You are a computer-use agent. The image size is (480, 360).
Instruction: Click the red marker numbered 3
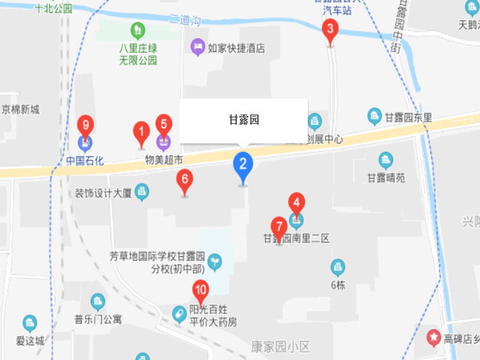tap(329, 31)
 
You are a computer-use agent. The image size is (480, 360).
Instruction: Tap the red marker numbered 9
tap(86, 126)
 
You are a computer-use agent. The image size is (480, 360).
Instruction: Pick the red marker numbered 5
tap(163, 125)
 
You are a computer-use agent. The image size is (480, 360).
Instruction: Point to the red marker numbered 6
tap(185, 180)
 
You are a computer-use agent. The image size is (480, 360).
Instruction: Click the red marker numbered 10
tap(200, 291)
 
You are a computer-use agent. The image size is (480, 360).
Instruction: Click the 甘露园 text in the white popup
tap(244, 121)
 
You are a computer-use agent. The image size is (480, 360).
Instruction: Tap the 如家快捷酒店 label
tap(236, 48)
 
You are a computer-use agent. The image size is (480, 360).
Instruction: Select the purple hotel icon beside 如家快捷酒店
tap(197, 48)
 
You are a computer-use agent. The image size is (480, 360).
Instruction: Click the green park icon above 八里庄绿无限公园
tap(138, 31)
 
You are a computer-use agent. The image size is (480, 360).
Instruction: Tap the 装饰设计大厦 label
tap(102, 193)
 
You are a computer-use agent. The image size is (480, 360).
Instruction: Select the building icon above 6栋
tap(338, 266)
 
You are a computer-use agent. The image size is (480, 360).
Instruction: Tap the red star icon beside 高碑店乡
tap(434, 338)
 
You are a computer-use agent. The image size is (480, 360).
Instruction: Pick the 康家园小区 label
tap(280, 346)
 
